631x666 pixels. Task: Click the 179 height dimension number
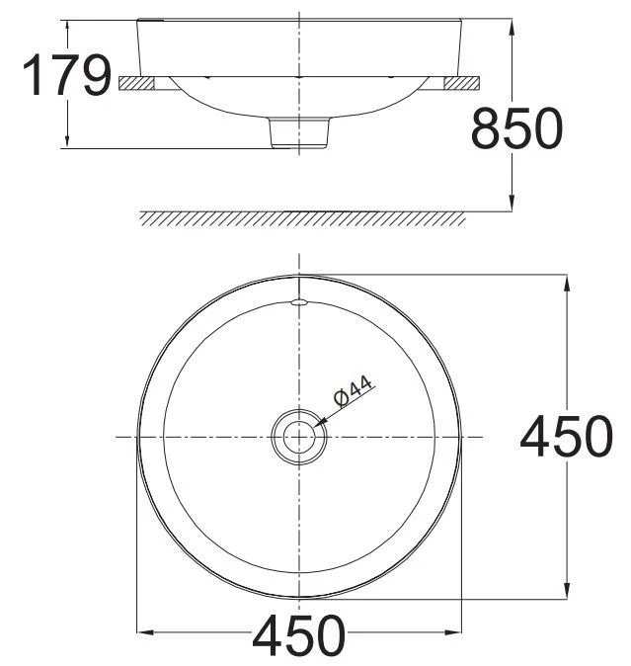click(66, 76)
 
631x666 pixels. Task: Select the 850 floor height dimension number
click(516, 128)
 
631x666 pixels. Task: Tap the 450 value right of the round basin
click(566, 437)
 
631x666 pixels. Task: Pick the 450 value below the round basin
click(299, 636)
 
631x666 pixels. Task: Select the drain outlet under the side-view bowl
click(298, 131)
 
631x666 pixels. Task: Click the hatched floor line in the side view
click(301, 218)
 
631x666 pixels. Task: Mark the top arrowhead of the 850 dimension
click(512, 25)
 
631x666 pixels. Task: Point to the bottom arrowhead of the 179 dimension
click(66, 144)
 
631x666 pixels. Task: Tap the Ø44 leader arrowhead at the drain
click(318, 423)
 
